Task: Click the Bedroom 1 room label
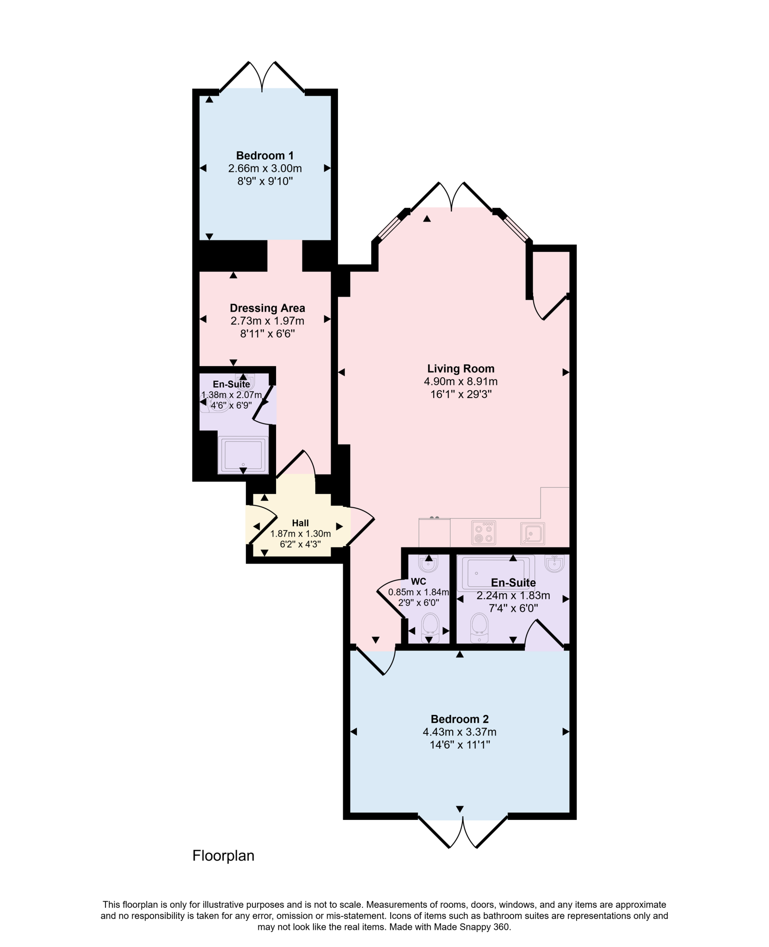tap(265, 155)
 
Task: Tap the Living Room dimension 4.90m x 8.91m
tap(460, 381)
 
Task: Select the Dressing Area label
tap(267, 308)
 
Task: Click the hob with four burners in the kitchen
tap(484, 532)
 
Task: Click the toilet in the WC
tap(430, 627)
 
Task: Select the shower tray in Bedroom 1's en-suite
tap(243, 455)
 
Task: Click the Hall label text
tap(300, 523)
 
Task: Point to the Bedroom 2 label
tap(459, 719)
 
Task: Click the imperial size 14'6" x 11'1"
tap(459, 745)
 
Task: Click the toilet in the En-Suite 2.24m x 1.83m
tap(479, 627)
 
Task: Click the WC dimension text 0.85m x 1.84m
tap(418, 592)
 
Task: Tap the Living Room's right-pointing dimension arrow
tap(565, 372)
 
